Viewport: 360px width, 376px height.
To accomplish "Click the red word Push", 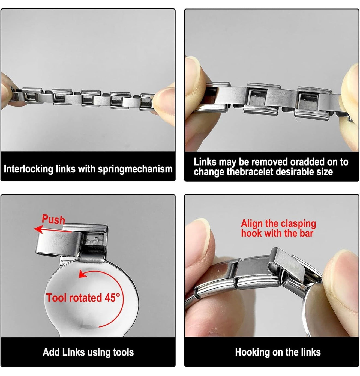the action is [53, 220].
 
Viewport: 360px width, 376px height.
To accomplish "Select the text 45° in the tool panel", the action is [112, 298].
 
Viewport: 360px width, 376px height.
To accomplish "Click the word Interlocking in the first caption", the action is [28, 169].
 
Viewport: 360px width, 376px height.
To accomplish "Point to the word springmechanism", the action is [135, 169].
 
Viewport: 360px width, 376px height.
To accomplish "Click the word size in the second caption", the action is [324, 172].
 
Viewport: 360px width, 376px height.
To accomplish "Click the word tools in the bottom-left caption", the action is [124, 352].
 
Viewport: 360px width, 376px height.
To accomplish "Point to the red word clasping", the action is [298, 224].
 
